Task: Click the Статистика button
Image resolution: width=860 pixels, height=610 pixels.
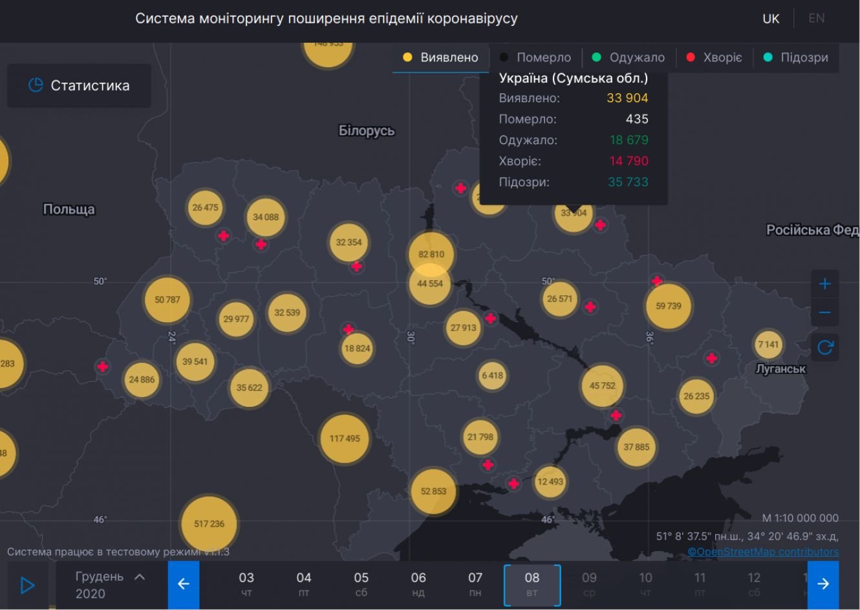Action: pyautogui.click(x=79, y=85)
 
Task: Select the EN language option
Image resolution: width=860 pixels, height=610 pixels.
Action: pyautogui.click(x=817, y=18)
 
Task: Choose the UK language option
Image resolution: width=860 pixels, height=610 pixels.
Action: pyautogui.click(x=771, y=18)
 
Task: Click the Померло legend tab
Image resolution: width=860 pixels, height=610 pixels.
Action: pyautogui.click(x=535, y=58)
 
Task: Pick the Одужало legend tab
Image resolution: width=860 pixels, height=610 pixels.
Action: pyautogui.click(x=629, y=58)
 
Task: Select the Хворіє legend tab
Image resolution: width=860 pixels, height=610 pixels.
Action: pyautogui.click(x=714, y=58)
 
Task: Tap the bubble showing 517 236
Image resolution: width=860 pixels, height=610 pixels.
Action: pyautogui.click(x=209, y=523)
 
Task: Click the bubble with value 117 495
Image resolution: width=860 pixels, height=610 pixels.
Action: pyautogui.click(x=345, y=439)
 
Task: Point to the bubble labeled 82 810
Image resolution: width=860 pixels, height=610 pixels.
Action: pyautogui.click(x=431, y=254)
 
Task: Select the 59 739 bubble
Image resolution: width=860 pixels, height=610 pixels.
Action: pyautogui.click(x=669, y=306)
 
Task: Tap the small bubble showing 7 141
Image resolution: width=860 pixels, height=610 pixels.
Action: pyautogui.click(x=768, y=344)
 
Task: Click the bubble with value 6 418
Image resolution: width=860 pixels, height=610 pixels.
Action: pyautogui.click(x=492, y=375)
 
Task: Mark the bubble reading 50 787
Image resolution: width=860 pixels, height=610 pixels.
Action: pyautogui.click(x=167, y=300)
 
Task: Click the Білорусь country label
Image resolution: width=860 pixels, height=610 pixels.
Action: pyautogui.click(x=367, y=131)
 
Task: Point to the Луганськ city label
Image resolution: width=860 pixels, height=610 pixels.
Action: pyautogui.click(x=781, y=369)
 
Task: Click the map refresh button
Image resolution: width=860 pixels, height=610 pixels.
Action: pyautogui.click(x=825, y=347)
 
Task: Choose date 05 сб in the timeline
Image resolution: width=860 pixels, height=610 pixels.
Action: pyautogui.click(x=361, y=584)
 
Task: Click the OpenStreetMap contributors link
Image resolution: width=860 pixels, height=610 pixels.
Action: pyautogui.click(x=763, y=552)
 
